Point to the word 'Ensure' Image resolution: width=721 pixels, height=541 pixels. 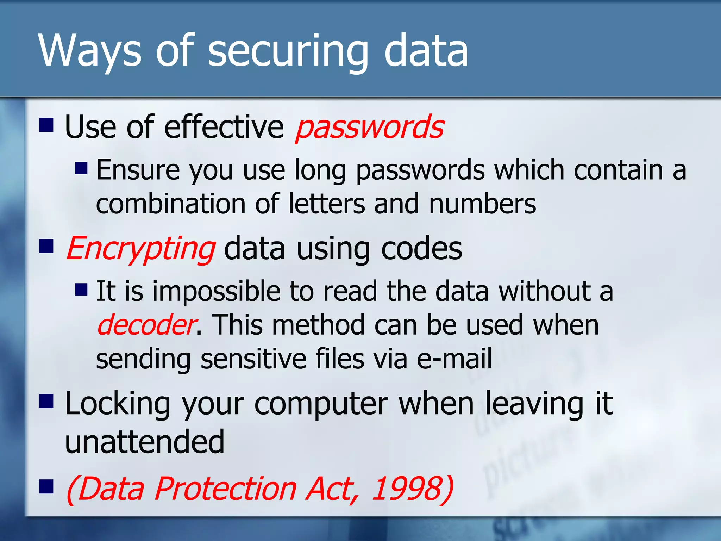coord(138,170)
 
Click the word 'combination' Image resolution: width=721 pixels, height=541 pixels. coord(171,204)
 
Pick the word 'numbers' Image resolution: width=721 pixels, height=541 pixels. coord(482,204)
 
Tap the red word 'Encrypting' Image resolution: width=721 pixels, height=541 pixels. coord(141,249)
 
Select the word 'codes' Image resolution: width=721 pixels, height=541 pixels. coord(421,249)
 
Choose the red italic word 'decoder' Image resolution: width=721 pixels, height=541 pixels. coord(146,325)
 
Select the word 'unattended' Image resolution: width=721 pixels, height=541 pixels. coord(145,442)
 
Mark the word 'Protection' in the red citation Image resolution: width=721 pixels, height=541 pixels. coord(225,489)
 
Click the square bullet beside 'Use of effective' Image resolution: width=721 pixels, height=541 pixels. coord(46,125)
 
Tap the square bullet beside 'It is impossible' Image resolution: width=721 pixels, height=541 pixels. coord(81,290)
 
